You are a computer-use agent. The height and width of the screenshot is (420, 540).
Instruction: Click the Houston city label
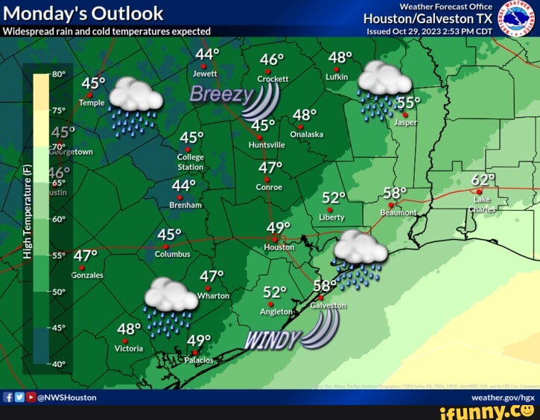[279, 247]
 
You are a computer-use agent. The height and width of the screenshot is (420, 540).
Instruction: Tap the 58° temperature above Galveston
[325, 285]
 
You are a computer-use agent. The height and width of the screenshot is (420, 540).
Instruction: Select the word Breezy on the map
[221, 94]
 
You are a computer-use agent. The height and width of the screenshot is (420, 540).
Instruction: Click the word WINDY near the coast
[273, 341]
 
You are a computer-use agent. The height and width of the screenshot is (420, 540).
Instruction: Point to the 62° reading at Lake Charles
[483, 180]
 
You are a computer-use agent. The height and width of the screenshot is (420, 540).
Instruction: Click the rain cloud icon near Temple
[136, 104]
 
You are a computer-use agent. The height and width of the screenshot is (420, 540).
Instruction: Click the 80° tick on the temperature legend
[60, 75]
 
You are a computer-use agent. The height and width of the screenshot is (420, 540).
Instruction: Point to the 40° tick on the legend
[60, 365]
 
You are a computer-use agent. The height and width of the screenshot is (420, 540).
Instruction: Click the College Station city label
[191, 162]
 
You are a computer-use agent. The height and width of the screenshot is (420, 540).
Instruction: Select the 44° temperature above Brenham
[183, 185]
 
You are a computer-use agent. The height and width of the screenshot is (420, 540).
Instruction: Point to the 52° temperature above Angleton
[275, 292]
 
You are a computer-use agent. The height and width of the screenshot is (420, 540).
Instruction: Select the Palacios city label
[198, 360]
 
